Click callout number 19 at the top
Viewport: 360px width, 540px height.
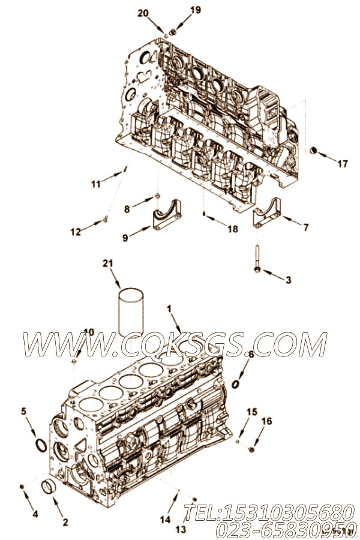click(179, 10)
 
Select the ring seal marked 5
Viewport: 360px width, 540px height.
click(40, 446)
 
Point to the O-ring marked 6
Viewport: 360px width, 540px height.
click(238, 382)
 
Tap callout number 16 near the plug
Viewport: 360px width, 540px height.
click(267, 421)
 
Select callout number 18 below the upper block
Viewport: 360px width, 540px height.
click(233, 229)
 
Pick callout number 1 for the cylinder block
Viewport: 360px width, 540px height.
click(170, 309)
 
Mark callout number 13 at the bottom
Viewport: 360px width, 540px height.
click(181, 529)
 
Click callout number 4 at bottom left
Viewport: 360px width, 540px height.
click(35, 514)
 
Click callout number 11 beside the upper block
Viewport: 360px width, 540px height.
click(96, 184)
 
